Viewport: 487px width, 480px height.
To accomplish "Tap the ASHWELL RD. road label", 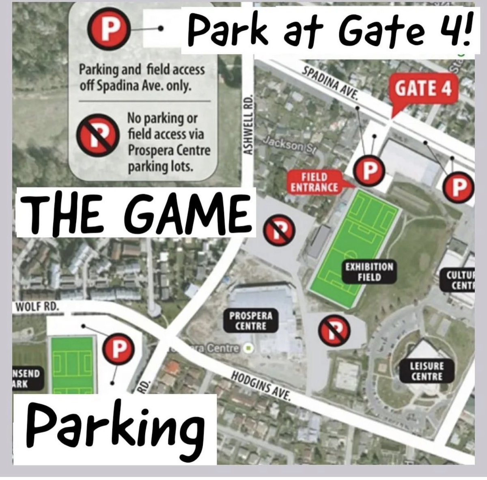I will click(x=248, y=125).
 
